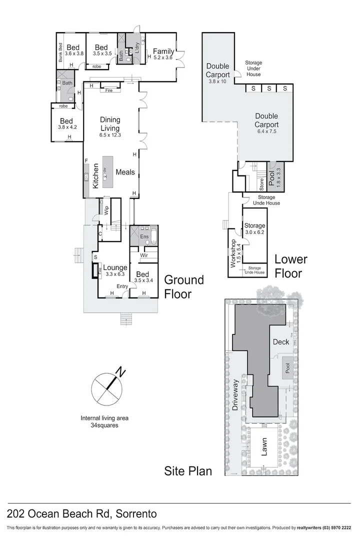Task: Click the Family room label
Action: tap(163, 51)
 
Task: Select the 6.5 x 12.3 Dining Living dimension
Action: tap(110, 135)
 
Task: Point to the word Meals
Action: tap(125, 172)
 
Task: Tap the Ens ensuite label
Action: tap(144, 236)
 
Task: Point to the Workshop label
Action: tap(232, 252)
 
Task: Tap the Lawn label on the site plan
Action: tap(263, 446)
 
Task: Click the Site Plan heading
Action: tap(188, 471)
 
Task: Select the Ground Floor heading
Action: tap(184, 286)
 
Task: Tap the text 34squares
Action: tap(105, 425)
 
